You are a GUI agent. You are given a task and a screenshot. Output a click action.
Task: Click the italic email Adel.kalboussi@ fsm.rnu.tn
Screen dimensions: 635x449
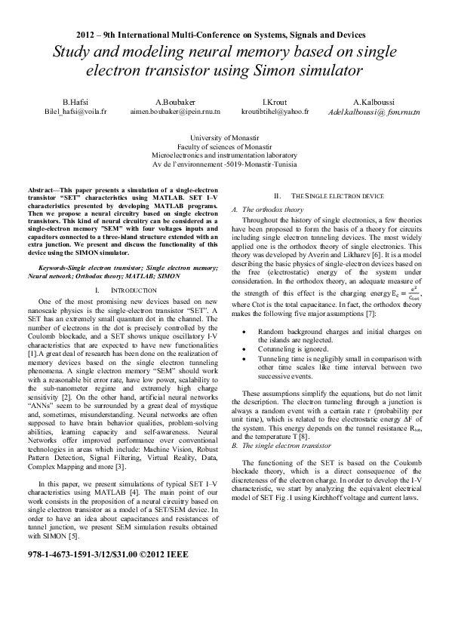[374, 112]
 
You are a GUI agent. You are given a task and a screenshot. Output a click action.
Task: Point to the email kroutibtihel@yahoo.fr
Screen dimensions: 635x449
[275, 111]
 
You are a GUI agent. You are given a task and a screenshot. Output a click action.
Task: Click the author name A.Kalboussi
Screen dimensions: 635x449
[374, 101]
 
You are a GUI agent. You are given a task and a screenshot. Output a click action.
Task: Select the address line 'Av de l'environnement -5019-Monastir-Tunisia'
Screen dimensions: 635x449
[224, 164]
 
